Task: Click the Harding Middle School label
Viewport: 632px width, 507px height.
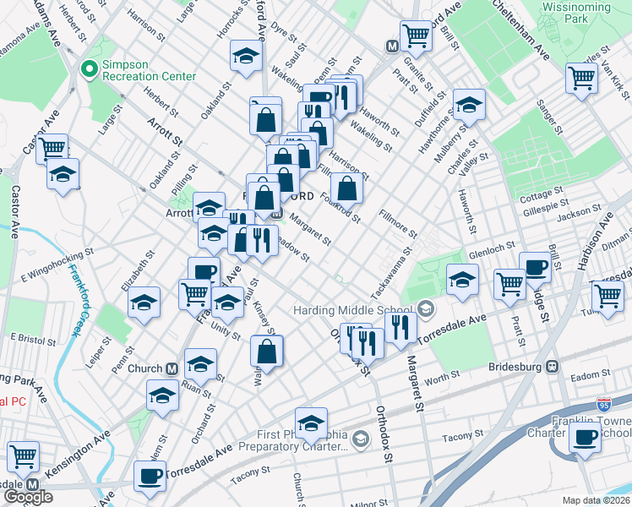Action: [353, 310]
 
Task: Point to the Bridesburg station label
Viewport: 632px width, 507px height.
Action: [516, 367]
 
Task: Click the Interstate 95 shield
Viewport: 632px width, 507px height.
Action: [603, 406]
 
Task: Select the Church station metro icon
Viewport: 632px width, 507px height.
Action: [172, 368]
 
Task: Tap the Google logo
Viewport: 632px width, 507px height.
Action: [28, 497]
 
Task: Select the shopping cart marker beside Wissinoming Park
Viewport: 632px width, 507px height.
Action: [582, 77]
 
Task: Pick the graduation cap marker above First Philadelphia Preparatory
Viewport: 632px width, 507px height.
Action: [311, 422]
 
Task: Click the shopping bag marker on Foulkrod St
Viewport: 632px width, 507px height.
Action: [346, 187]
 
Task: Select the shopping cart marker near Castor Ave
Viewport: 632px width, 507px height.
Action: [52, 148]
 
